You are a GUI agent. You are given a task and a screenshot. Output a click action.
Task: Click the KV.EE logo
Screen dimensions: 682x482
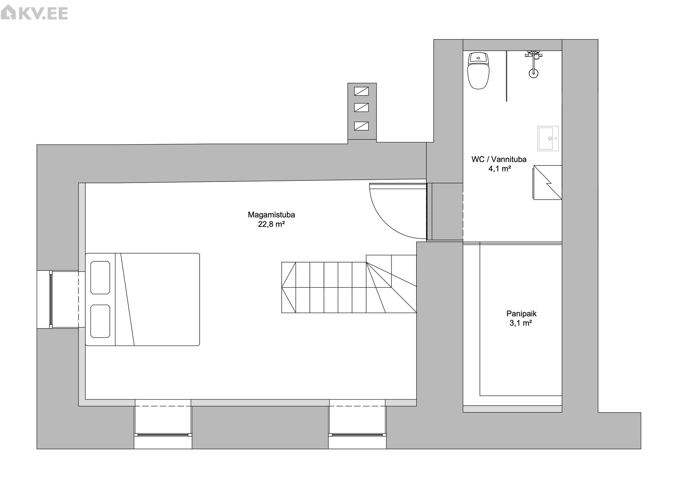(x=34, y=13)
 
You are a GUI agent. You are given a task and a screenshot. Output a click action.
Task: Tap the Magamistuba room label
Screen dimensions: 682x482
(x=271, y=215)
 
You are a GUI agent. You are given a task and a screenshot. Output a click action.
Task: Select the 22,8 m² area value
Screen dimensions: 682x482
(x=271, y=224)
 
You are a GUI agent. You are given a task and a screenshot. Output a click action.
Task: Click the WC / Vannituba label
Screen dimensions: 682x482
(x=499, y=159)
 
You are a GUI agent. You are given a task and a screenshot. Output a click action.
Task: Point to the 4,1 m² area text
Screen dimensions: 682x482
(x=499, y=169)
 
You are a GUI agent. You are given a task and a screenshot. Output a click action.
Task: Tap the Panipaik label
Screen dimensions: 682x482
(x=521, y=314)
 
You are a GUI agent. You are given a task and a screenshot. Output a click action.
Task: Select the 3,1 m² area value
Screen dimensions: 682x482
(x=521, y=323)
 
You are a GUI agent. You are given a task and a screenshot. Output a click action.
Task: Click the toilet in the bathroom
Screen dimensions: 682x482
(x=478, y=71)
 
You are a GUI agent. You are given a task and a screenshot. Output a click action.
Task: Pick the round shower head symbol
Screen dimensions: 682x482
(x=533, y=74)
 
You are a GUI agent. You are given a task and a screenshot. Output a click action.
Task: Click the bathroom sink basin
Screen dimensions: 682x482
(x=548, y=139)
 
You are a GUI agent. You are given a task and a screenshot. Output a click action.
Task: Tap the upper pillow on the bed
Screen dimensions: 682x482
(x=100, y=277)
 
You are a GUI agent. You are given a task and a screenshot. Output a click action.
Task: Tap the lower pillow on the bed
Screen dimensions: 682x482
(x=100, y=321)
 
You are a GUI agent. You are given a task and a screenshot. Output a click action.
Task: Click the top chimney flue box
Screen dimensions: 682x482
(x=361, y=91)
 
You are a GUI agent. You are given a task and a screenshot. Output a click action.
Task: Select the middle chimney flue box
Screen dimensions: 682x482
(x=361, y=107)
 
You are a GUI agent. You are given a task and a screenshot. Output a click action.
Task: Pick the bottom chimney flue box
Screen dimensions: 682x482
(x=361, y=126)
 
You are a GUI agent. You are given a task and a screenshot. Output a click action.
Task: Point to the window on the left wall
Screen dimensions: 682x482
(x=51, y=299)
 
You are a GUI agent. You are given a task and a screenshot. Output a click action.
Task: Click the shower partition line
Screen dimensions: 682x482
(x=506, y=76)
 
